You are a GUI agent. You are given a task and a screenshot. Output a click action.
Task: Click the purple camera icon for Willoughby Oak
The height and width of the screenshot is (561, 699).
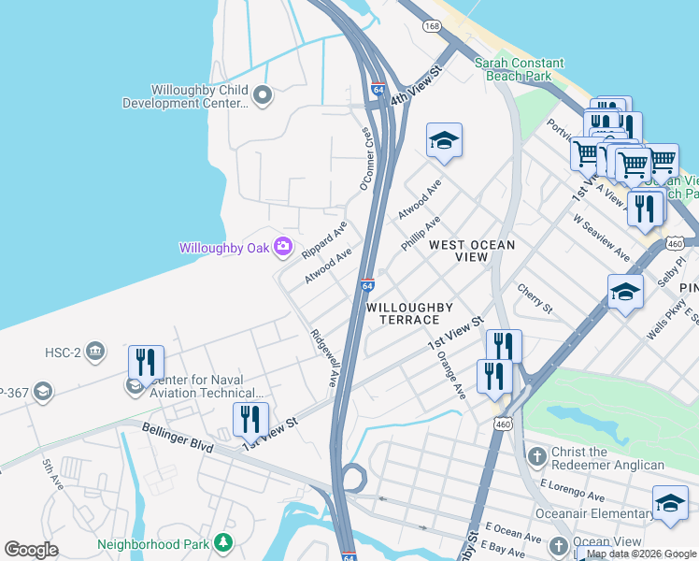(x=283, y=247)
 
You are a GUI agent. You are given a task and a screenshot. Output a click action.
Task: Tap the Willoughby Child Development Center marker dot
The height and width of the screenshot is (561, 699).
(x=263, y=94)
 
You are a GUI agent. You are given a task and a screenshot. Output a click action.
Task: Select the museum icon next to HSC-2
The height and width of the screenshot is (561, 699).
(x=94, y=352)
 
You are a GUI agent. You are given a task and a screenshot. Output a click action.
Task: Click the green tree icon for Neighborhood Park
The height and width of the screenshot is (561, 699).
(x=222, y=542)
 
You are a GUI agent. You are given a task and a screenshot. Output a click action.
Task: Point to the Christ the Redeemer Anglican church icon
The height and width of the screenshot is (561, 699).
(x=536, y=457)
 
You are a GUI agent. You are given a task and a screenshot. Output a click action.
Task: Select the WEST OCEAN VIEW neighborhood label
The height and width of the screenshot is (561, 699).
(x=472, y=251)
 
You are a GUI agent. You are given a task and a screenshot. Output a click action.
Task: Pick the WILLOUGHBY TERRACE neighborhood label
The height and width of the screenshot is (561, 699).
(x=409, y=313)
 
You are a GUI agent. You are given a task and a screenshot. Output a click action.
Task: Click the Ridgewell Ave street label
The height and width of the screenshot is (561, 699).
(x=324, y=357)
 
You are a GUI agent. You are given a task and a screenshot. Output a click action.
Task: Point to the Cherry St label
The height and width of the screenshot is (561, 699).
(x=535, y=299)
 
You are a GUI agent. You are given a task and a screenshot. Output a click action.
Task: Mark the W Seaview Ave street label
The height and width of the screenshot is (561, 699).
(x=602, y=240)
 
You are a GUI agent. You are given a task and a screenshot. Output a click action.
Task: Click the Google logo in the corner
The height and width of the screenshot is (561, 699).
(x=31, y=550)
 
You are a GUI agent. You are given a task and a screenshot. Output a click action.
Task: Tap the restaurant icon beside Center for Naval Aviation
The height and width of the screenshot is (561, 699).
(x=146, y=362)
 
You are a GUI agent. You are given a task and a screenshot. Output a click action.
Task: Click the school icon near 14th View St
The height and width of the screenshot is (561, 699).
(x=444, y=141)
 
